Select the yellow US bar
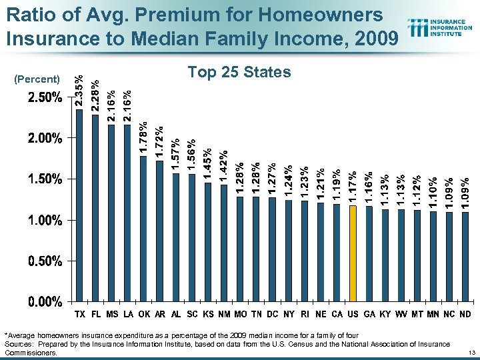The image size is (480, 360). coord(353,253)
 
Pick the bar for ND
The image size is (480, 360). coord(465,256)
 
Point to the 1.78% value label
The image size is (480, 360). coord(143,137)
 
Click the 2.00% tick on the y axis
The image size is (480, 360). coord(45,139)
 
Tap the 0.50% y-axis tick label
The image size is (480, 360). coord(45,261)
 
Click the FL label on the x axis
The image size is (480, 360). coord(95,313)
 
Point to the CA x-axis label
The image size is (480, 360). coord(337,313)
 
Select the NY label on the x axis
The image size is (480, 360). coord(289,313)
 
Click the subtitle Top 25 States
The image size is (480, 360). coord(239,71)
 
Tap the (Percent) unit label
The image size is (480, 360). coord(37,79)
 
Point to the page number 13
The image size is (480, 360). coord(471,351)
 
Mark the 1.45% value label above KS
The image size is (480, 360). coord(208,165)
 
